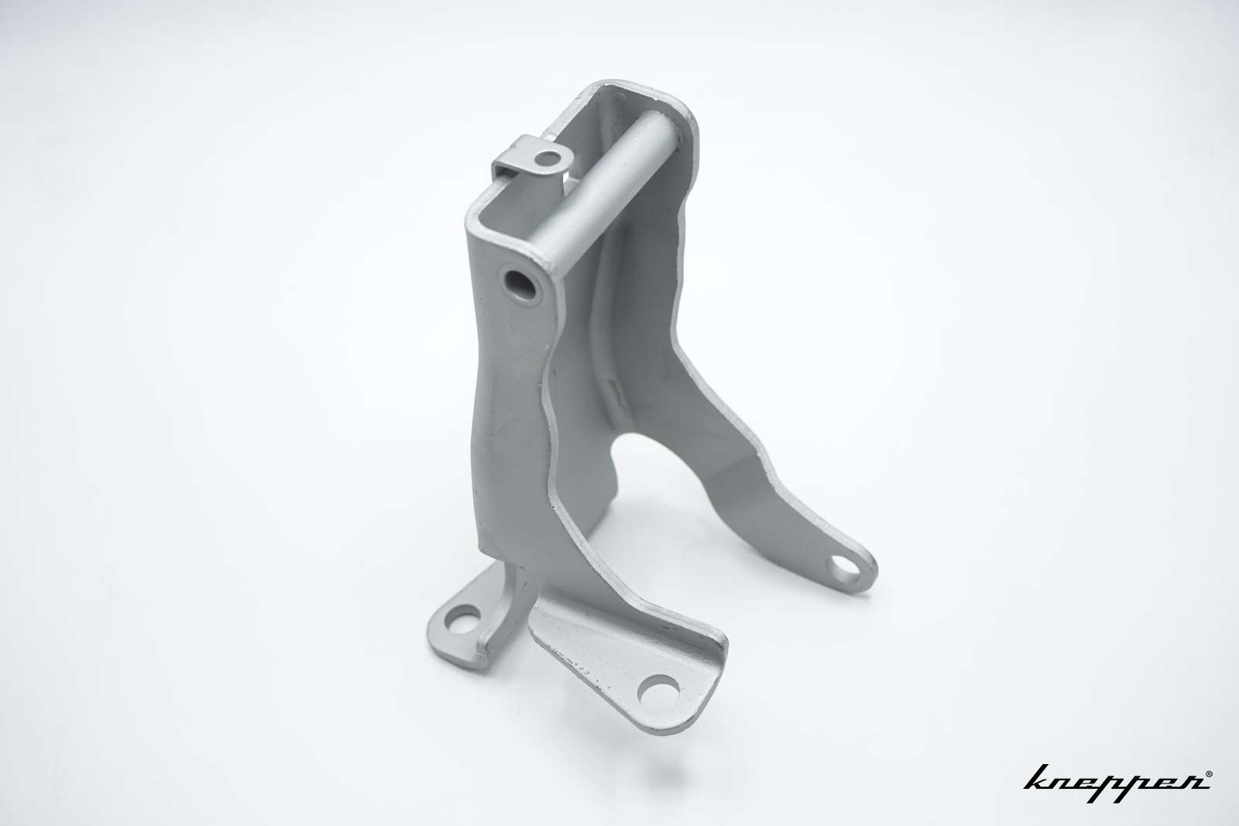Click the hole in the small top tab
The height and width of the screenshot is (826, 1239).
click(x=548, y=159)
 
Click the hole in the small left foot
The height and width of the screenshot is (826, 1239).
click(x=462, y=618)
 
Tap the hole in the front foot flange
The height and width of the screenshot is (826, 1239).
click(x=658, y=691)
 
